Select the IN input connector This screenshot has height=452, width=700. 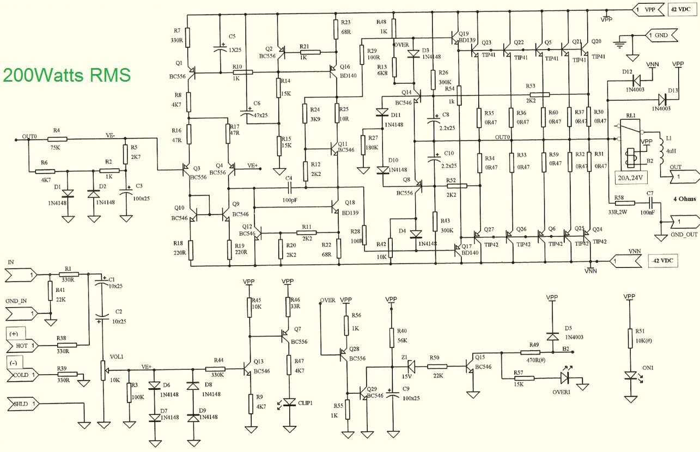(22, 276)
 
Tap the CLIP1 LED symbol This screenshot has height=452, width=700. (288, 402)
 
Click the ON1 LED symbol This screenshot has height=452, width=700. (630, 376)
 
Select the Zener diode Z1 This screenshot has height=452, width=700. (409, 366)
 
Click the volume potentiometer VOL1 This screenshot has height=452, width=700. (103, 370)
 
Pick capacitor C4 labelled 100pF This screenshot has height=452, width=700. (289, 188)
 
